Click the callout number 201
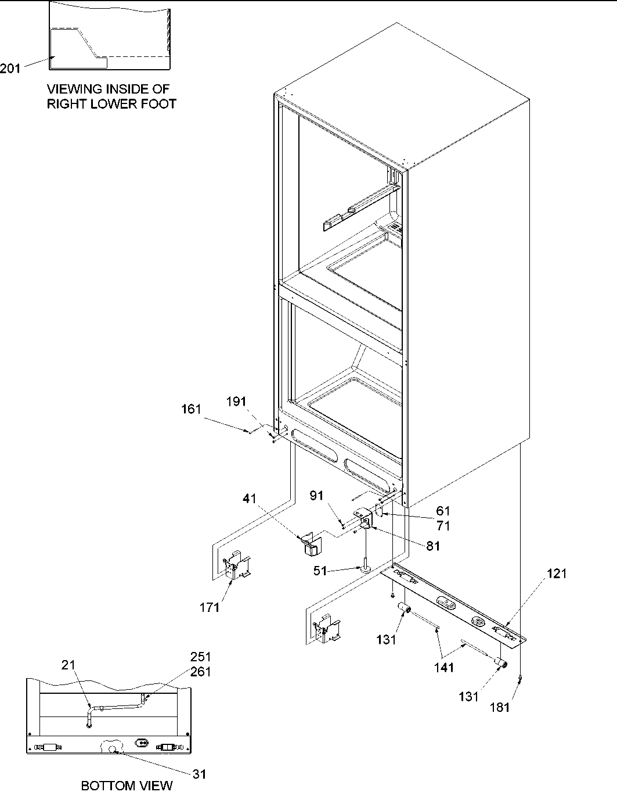coord(10,69)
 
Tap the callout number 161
coord(191,409)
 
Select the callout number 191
coord(236,402)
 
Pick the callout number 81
coord(432,546)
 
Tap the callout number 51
coord(320,571)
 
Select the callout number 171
coord(210,607)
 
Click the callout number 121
coord(557,574)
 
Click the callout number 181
coord(500,707)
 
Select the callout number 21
coord(69,665)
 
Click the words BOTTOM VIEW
coord(127,786)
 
